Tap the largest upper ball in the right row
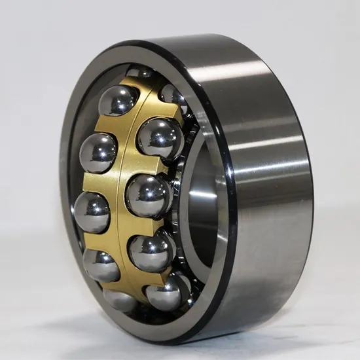coord(160,139)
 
